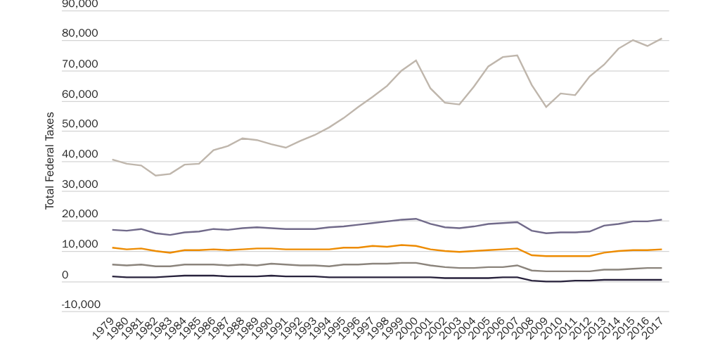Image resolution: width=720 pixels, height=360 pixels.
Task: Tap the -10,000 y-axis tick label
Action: tap(81, 305)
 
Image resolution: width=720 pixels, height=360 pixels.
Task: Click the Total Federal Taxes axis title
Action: tap(50, 160)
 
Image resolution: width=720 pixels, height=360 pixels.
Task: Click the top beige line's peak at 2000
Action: tap(416, 60)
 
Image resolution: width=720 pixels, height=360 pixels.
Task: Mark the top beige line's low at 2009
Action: tap(546, 107)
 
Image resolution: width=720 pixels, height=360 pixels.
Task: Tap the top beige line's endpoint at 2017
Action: tap(662, 39)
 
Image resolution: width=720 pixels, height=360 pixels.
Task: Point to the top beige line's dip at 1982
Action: tap(156, 175)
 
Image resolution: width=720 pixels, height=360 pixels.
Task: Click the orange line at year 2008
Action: tap(532, 255)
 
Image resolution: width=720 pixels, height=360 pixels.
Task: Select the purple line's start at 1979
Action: tap(112, 230)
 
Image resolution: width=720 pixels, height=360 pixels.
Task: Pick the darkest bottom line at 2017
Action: tap(662, 280)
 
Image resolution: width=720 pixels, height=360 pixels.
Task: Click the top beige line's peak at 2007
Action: tap(517, 56)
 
